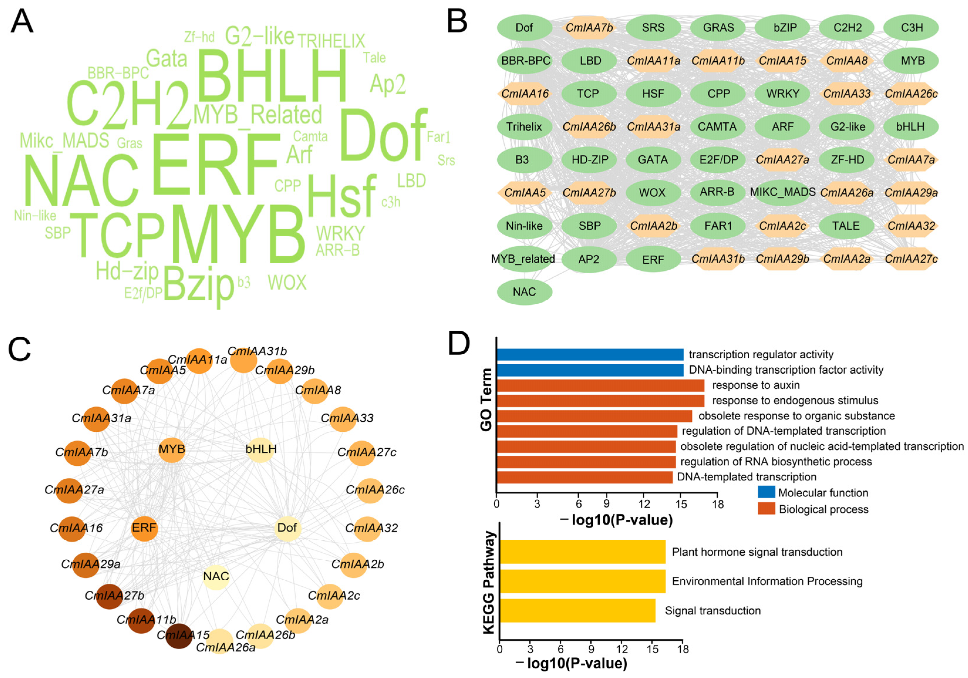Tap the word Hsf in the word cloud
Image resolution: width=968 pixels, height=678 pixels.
342,196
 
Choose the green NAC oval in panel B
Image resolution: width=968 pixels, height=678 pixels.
524,292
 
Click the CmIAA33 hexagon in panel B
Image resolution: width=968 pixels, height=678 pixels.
847,94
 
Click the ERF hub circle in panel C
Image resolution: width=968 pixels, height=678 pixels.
144,527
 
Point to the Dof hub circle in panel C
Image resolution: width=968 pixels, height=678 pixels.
287,527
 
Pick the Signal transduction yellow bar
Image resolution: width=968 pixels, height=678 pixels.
577,610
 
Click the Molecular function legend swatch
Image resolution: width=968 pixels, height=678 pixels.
766,492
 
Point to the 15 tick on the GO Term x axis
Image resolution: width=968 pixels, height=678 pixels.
681,504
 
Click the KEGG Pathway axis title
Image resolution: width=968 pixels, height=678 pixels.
489,582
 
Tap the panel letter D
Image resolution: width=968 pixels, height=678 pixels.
458,344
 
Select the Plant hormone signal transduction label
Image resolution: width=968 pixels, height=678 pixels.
757,552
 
